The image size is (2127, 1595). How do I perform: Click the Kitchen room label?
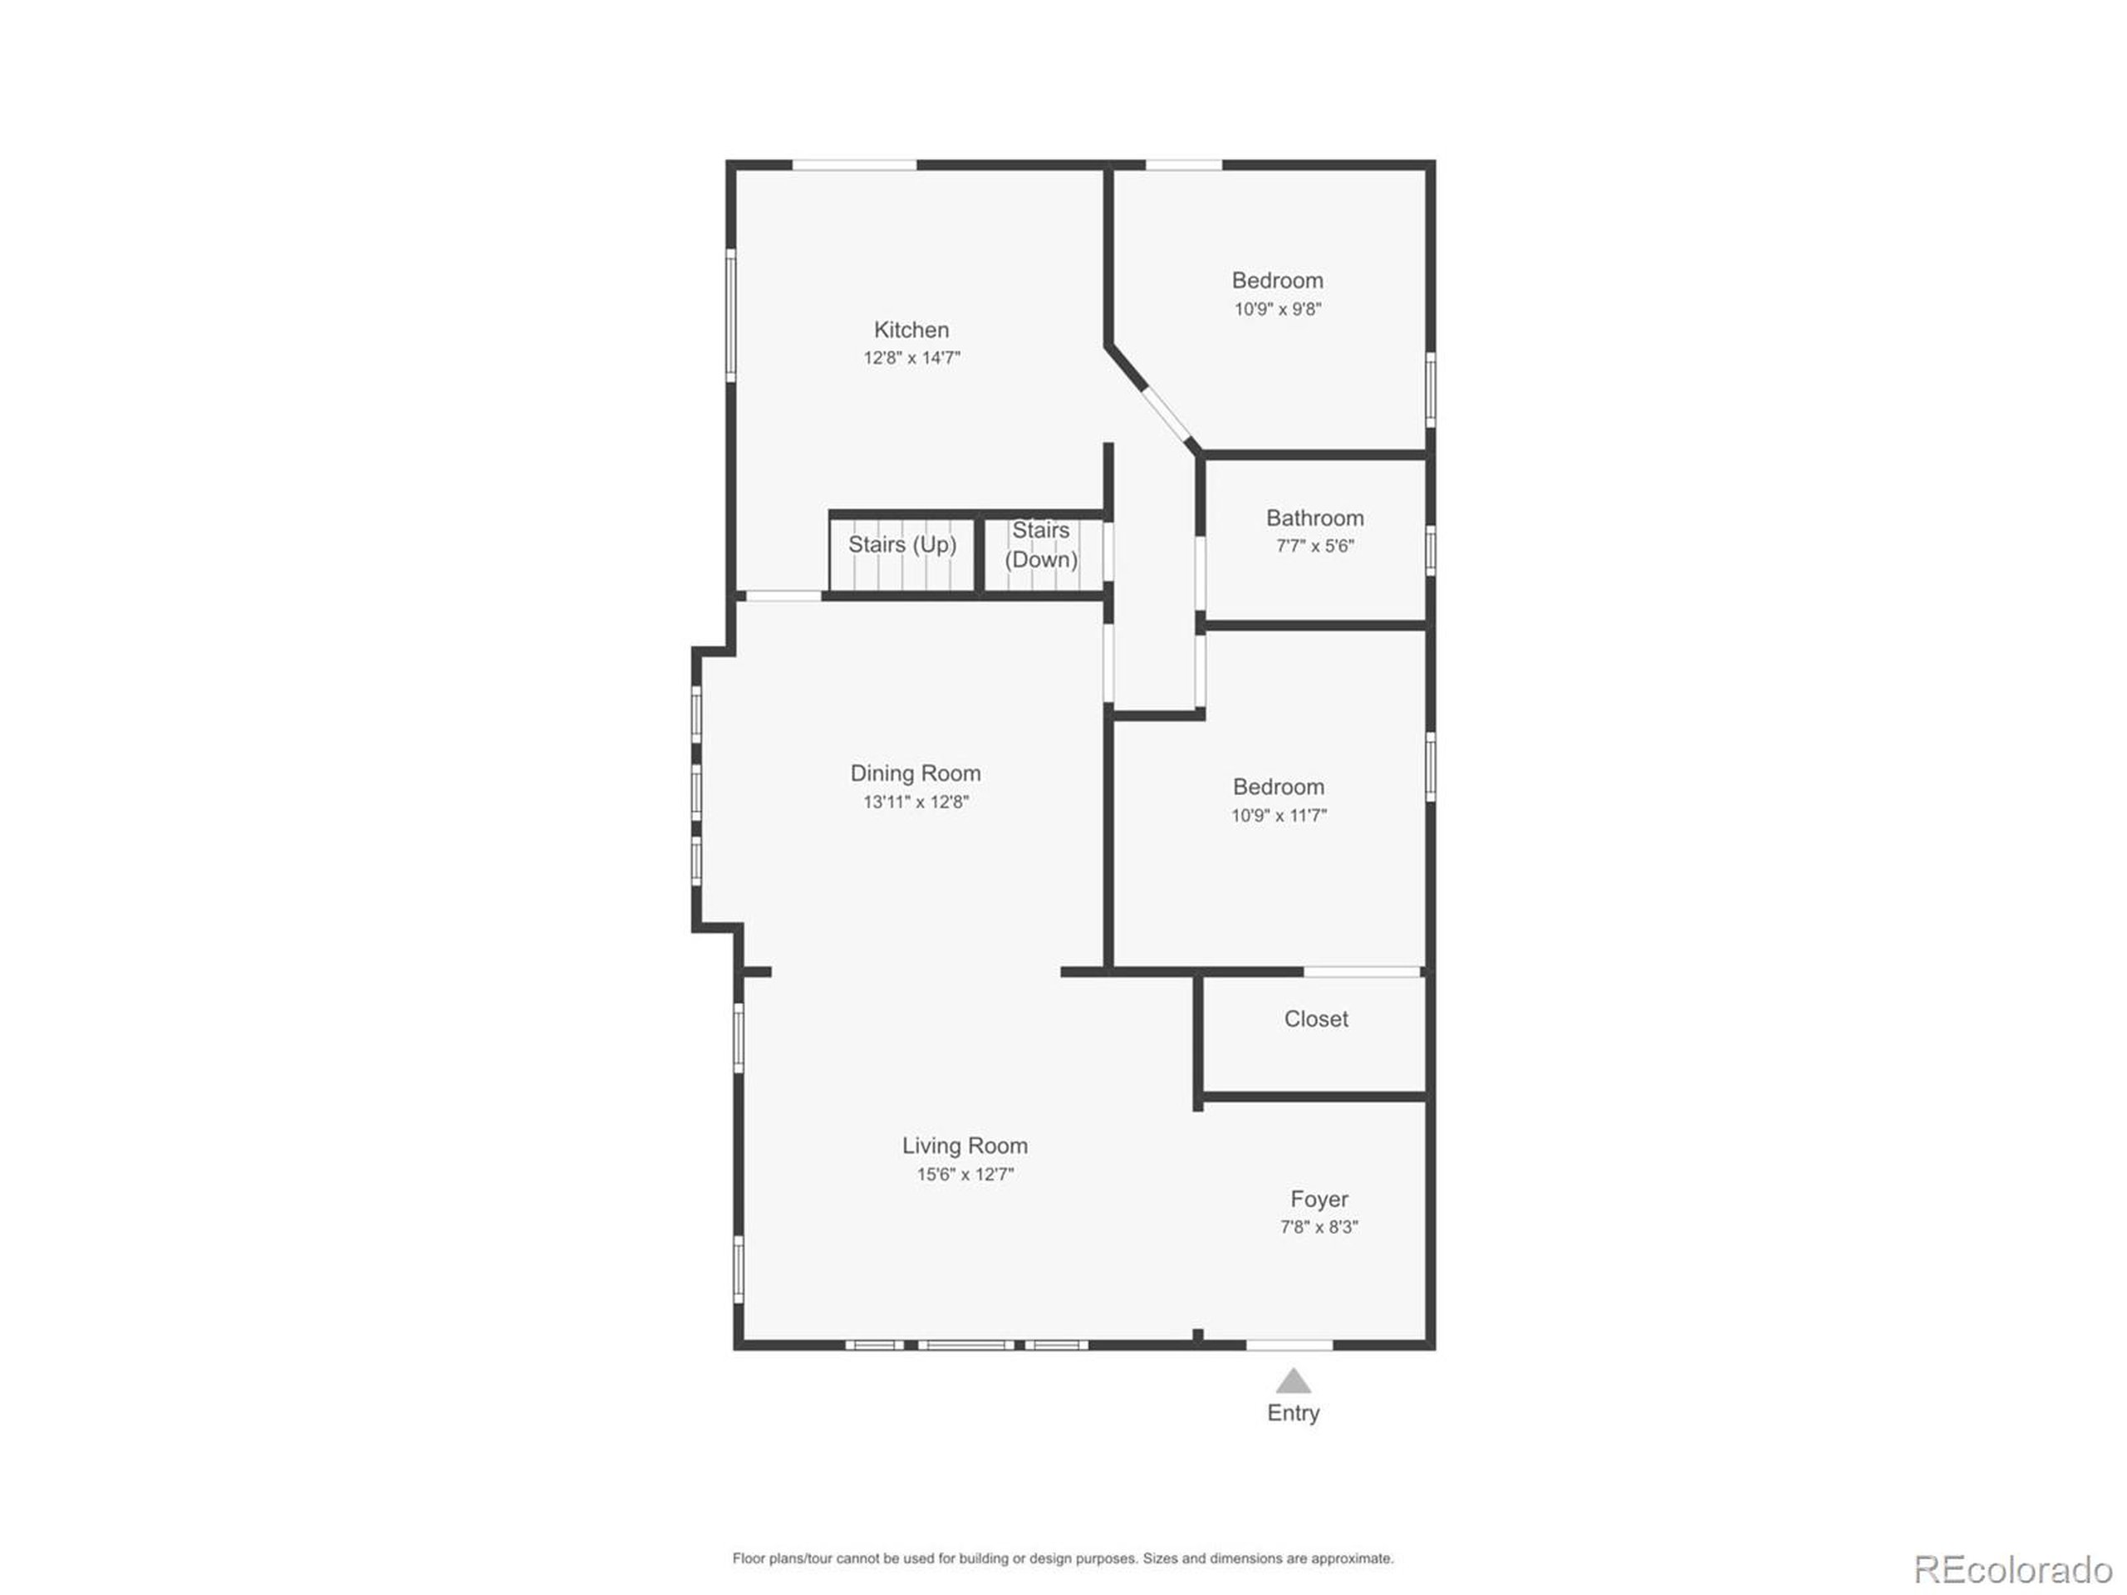[x=911, y=330]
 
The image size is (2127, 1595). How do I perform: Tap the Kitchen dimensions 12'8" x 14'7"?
[x=911, y=359]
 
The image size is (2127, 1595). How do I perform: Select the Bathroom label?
[x=1314, y=518]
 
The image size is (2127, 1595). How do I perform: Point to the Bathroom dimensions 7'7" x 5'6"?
[x=1314, y=546]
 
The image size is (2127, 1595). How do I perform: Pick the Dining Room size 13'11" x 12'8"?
[x=915, y=802]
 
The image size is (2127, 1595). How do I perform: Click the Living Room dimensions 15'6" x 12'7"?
[x=965, y=1174]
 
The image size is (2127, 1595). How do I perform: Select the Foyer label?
[x=1319, y=1199]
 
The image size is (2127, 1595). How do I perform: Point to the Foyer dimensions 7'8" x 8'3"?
[x=1319, y=1227]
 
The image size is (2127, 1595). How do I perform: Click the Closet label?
[x=1315, y=1019]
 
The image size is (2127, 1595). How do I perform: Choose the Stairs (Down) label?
[x=1040, y=545]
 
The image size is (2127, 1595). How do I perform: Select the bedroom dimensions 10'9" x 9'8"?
[x=1277, y=310]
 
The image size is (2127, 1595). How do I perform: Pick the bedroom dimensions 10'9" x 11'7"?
[x=1278, y=815]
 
